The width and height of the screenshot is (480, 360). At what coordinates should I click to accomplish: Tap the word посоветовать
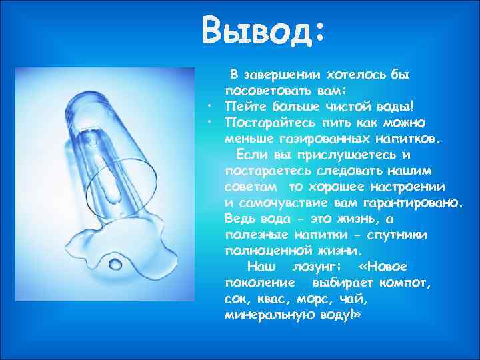click(265, 90)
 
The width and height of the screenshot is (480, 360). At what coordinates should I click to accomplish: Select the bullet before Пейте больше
click(209, 105)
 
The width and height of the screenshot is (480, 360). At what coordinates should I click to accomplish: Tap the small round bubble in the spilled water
click(116, 264)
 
